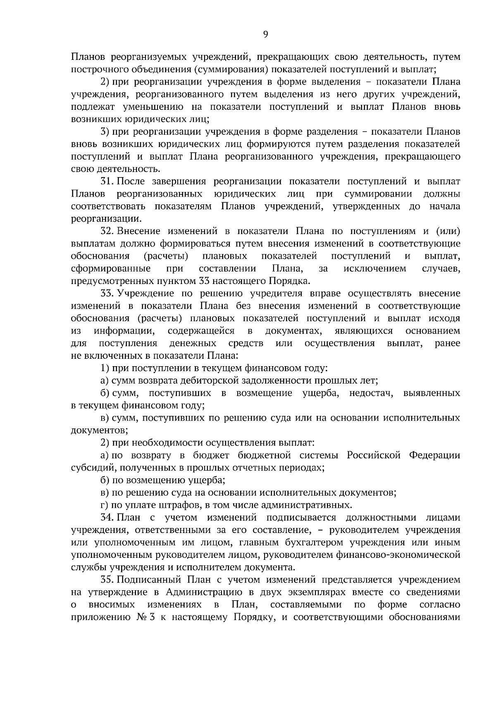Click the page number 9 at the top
click(x=265, y=35)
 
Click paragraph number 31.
click(x=107, y=182)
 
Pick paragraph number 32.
click(x=107, y=231)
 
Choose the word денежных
click(x=193, y=343)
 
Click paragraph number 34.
click(x=107, y=518)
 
